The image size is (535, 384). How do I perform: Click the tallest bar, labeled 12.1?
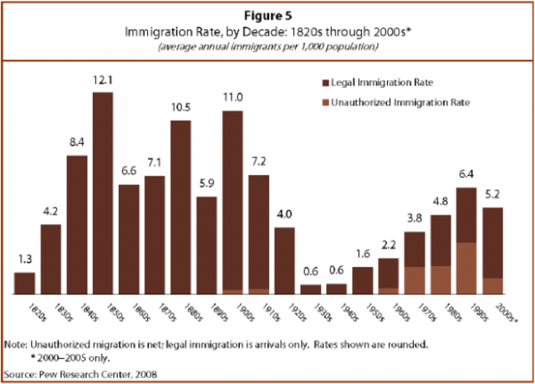(x=103, y=192)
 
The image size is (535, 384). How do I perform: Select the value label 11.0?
(x=233, y=98)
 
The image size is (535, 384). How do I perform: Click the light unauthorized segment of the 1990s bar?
(x=466, y=268)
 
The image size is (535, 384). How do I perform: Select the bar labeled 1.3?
(x=25, y=283)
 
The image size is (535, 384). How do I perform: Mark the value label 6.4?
(x=466, y=175)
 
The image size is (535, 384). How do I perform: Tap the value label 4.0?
(x=284, y=215)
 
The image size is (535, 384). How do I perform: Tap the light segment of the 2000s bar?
(x=492, y=285)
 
